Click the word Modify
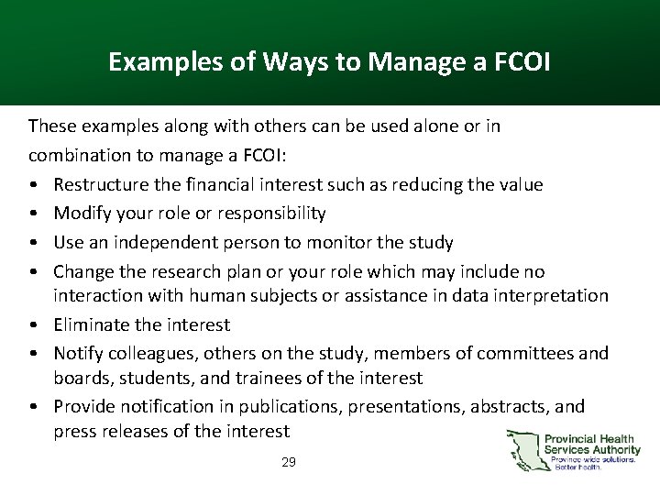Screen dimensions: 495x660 point(81,214)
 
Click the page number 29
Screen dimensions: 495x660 point(289,463)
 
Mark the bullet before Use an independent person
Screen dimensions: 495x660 point(34,243)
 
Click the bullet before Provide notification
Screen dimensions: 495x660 point(34,406)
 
